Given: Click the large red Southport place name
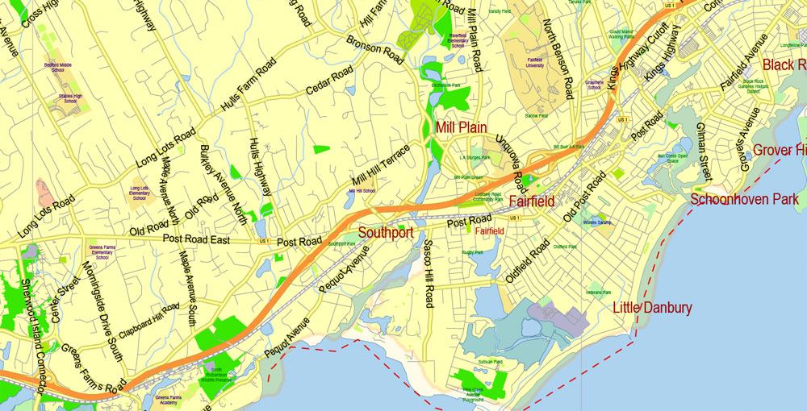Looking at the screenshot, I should (x=386, y=233).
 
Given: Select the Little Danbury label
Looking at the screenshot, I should (x=652, y=307).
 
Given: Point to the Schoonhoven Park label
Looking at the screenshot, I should (x=744, y=199).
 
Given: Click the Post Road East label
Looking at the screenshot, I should (x=196, y=240).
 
